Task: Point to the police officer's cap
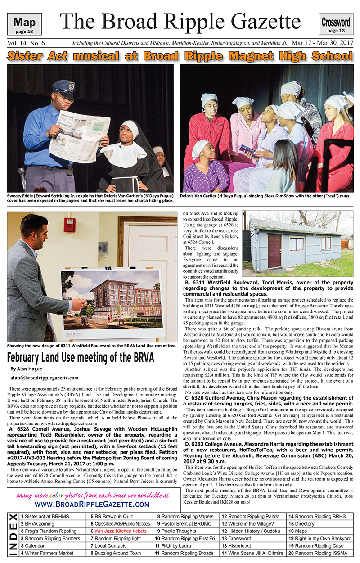[63, 88]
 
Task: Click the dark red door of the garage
[274, 251]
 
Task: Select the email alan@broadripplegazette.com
[45, 378]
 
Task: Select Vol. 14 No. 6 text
[26, 43]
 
